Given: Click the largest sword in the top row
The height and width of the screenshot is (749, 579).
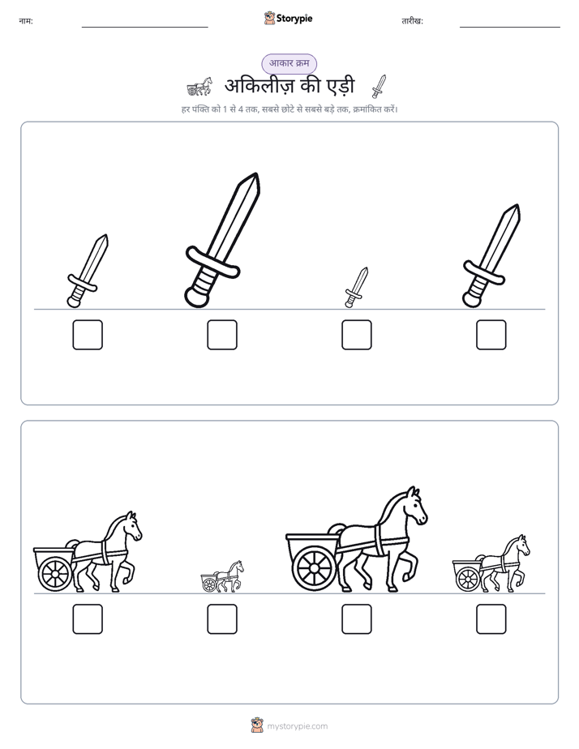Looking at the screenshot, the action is [x=223, y=240].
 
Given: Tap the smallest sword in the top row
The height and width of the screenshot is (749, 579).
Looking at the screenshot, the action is [x=356, y=288].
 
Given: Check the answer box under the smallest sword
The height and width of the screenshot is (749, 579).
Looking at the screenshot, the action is [x=356, y=334].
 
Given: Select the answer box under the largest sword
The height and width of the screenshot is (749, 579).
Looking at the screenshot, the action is [x=222, y=334].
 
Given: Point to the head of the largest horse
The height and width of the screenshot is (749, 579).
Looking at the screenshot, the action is [x=414, y=507].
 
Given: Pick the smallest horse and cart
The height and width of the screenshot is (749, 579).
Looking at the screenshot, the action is [x=222, y=576].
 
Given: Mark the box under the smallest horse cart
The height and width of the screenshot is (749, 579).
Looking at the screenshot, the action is [x=222, y=618].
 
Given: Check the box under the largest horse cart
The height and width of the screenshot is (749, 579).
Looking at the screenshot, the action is [x=356, y=618].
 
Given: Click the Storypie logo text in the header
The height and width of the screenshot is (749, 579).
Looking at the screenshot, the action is [x=294, y=18].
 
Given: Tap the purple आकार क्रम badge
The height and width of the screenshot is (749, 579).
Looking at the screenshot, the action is [x=289, y=63].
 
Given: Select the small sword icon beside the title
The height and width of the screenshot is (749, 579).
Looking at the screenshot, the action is [x=379, y=87].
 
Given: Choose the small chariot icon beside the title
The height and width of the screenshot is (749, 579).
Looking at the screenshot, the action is [x=199, y=87].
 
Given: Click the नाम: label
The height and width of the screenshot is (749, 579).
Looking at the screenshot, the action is [x=26, y=21].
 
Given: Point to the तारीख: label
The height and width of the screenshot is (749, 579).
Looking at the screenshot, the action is [x=412, y=21].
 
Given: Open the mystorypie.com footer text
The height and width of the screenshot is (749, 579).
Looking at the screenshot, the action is [x=297, y=726].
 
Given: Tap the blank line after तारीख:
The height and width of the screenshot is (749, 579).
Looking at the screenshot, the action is [x=510, y=27].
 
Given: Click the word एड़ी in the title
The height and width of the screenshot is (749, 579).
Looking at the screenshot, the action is [x=340, y=86].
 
